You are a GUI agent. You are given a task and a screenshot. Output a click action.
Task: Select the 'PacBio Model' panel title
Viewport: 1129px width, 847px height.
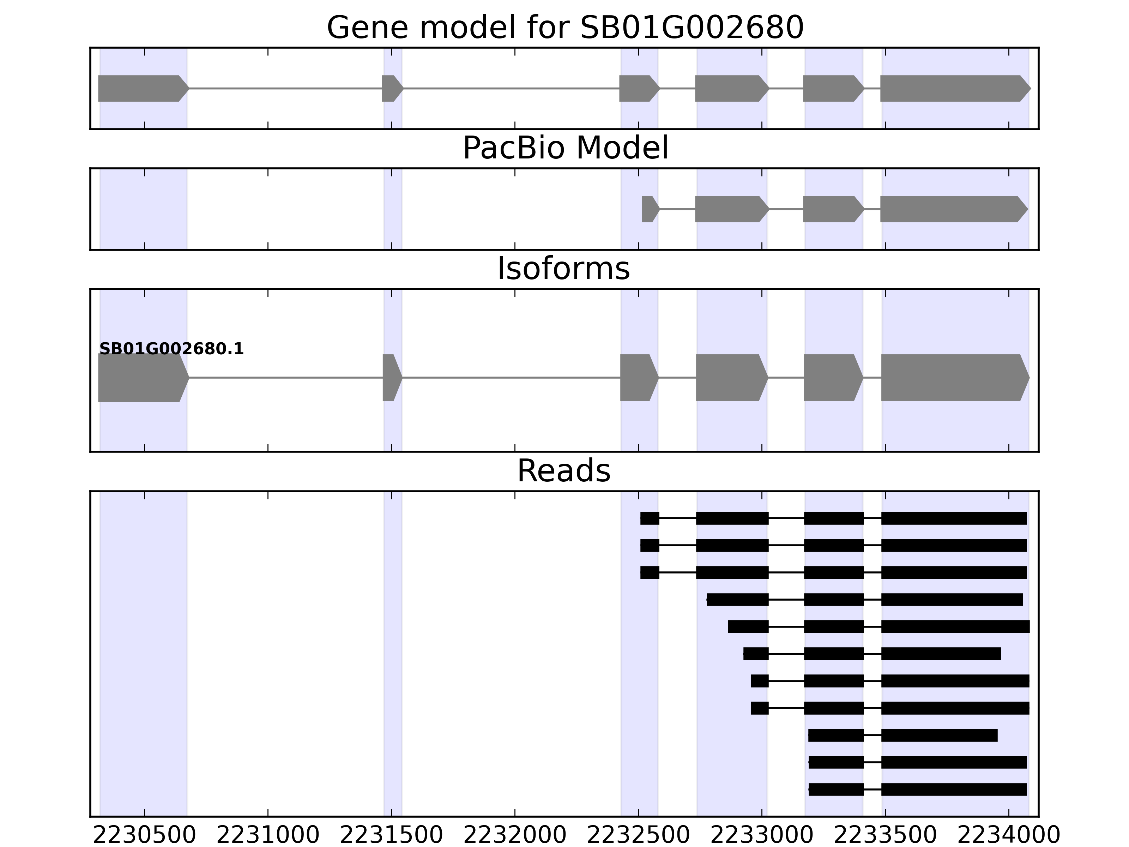(x=564, y=149)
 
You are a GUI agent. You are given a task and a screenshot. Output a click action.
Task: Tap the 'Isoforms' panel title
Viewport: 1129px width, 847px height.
(x=563, y=269)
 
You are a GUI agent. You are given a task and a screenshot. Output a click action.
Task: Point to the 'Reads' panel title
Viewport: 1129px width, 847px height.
(x=563, y=471)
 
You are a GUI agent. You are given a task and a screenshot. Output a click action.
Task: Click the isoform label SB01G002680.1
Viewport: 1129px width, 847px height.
(x=171, y=349)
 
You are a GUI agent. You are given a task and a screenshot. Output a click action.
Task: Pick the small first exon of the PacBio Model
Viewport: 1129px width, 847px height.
(x=649, y=209)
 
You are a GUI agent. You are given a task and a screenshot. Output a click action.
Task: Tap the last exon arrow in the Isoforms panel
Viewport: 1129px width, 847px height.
(x=953, y=378)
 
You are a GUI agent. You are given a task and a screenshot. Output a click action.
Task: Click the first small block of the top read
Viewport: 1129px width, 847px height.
(x=650, y=518)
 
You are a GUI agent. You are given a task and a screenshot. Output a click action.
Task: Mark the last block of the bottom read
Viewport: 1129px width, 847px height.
(x=953, y=789)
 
